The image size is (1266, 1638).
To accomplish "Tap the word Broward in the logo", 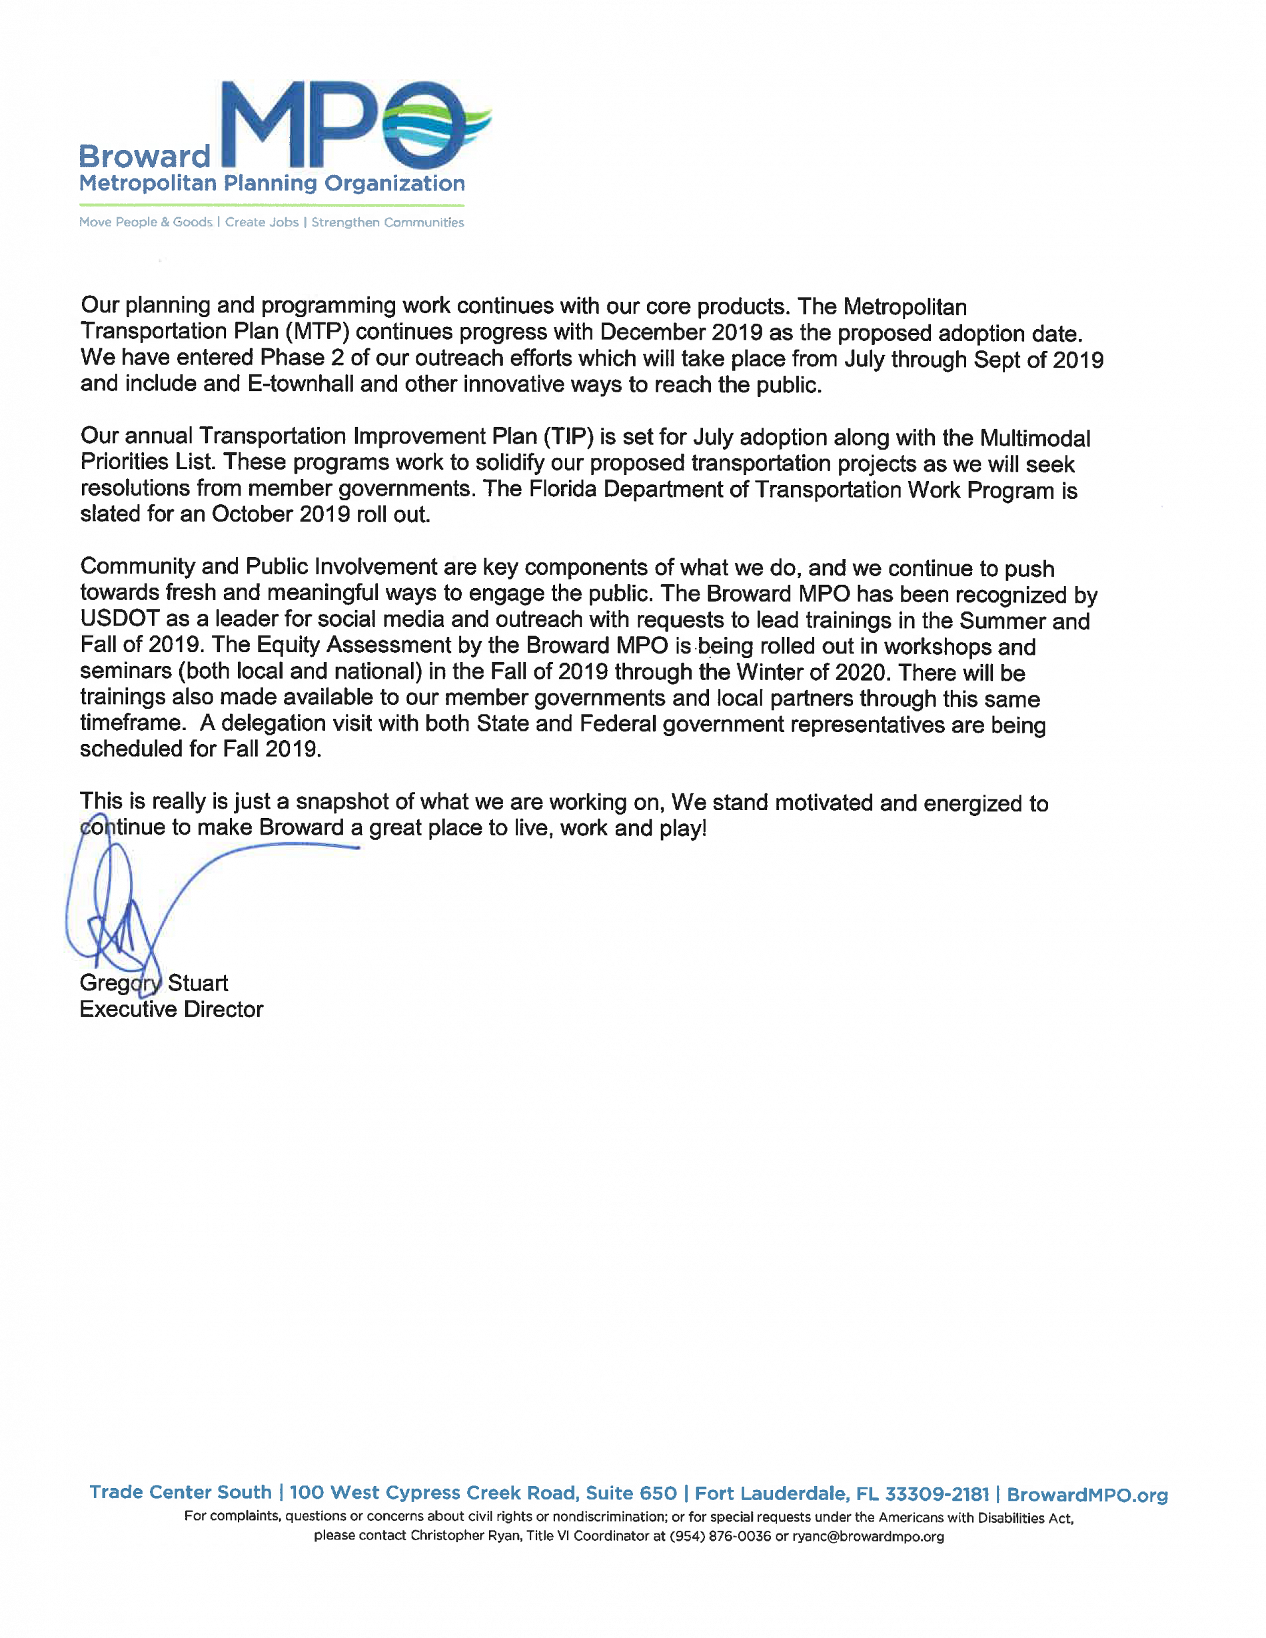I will click(x=145, y=156).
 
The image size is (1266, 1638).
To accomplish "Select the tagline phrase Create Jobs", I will click(x=262, y=222).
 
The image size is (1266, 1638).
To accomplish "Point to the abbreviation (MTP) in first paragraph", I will click(x=316, y=332).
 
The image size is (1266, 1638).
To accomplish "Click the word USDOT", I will click(x=119, y=619).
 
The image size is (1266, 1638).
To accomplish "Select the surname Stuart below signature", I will click(x=197, y=983).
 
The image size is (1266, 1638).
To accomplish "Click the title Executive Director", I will click(x=171, y=1009).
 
